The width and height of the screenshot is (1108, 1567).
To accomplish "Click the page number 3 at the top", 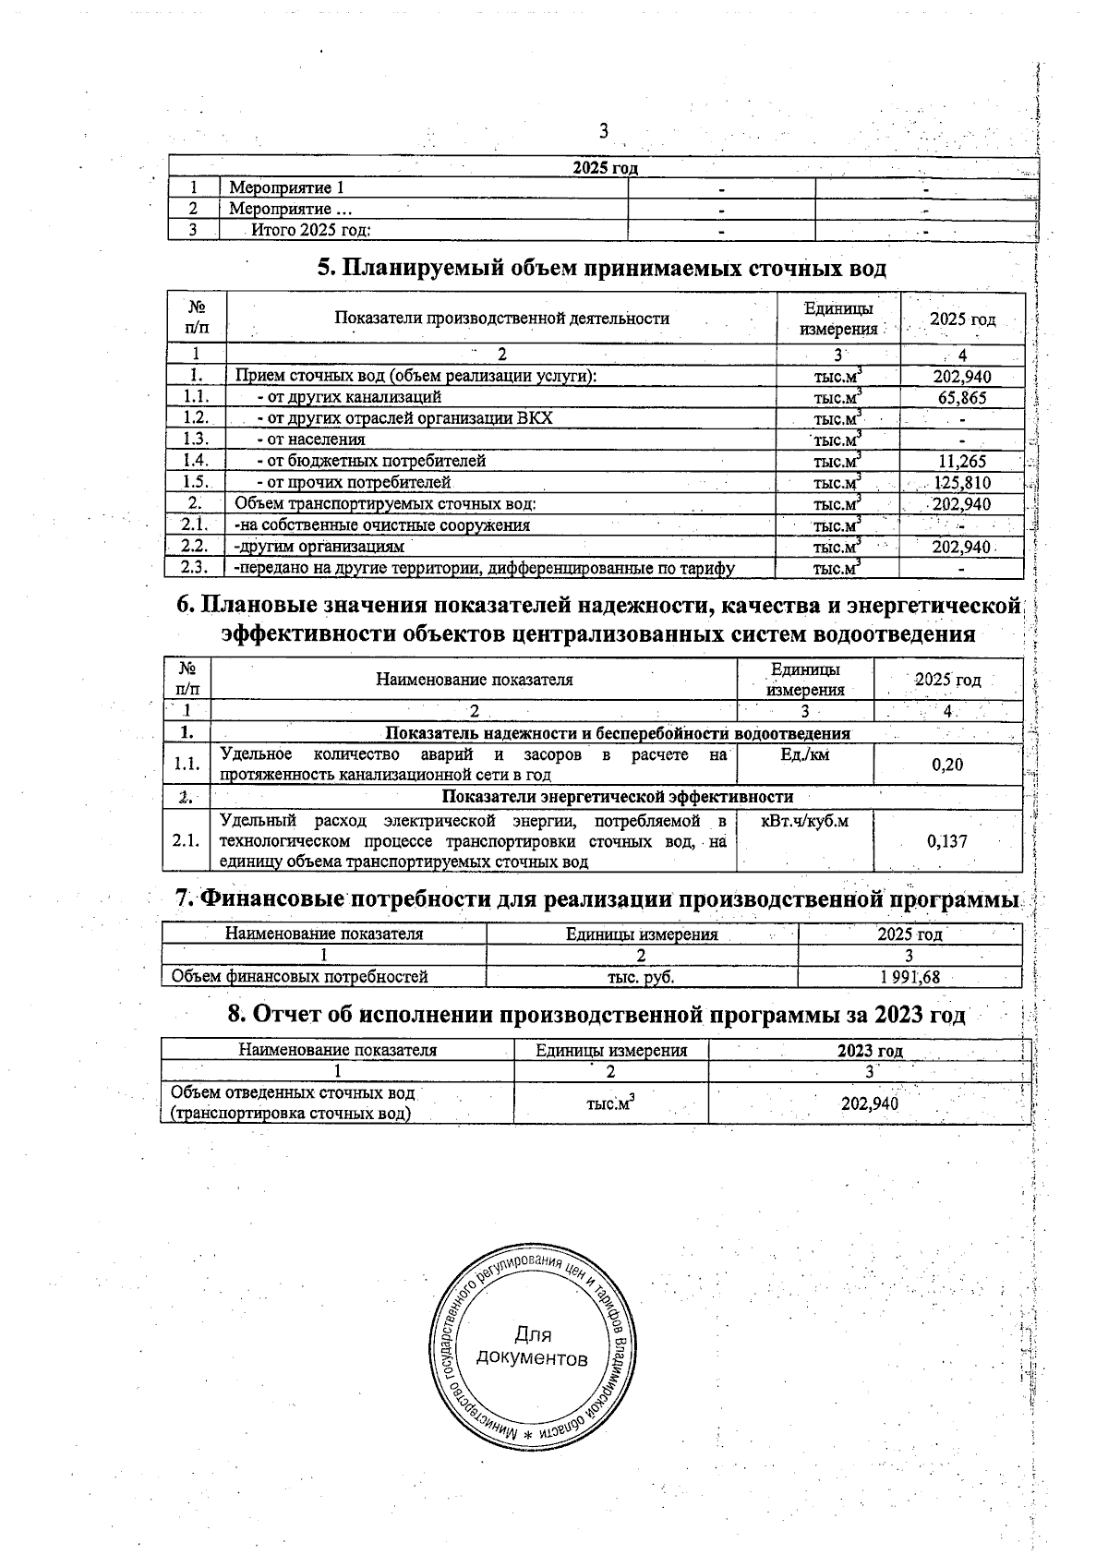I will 604,130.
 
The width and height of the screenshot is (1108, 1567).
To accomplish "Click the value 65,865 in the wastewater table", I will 962,398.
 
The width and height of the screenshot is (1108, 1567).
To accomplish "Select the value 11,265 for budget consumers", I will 961,461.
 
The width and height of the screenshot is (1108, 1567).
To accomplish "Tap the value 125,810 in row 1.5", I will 961,482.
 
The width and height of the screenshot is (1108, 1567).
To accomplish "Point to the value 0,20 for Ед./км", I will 947,765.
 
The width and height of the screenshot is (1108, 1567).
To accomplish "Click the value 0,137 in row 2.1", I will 947,841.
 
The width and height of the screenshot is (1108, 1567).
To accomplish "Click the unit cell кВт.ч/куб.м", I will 804,820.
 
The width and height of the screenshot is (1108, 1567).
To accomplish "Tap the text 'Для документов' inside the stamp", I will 532,1347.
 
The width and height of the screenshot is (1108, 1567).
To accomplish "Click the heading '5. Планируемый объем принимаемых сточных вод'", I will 602,268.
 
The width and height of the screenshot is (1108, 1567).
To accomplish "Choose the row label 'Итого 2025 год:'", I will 311,231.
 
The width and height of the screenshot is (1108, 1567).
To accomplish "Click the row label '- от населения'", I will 311,440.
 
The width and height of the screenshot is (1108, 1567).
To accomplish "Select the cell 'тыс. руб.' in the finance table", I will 642,977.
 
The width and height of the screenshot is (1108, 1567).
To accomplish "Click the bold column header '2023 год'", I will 870,1050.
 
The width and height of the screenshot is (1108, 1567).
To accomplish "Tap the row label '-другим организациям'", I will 319,547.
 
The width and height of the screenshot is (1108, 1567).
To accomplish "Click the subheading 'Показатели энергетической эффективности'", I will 617,796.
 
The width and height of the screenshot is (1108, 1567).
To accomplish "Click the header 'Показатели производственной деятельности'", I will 501,319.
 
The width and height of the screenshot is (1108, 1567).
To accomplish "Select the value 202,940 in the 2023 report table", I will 870,1103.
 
